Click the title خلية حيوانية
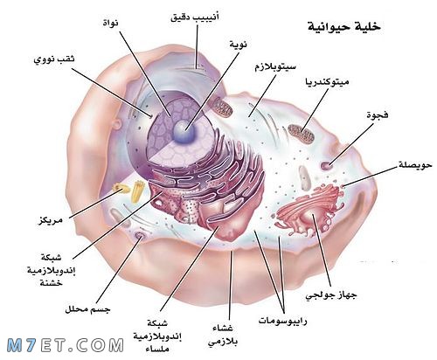click(x=344, y=26)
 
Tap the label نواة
click(x=111, y=23)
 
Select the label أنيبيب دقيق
click(x=195, y=17)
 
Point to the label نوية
click(x=239, y=45)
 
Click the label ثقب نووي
click(x=54, y=59)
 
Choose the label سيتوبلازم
click(x=275, y=67)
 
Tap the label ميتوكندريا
click(x=327, y=82)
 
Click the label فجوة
click(x=378, y=114)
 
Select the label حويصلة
click(x=415, y=165)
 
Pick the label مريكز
click(x=51, y=220)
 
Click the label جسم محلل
click(x=87, y=309)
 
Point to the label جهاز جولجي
click(x=331, y=295)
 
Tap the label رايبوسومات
click(x=282, y=321)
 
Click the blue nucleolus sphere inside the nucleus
click(x=184, y=132)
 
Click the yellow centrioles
click(x=129, y=190)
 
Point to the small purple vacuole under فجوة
click(x=327, y=165)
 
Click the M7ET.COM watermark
click(x=66, y=345)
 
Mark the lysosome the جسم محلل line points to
click(x=140, y=235)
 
